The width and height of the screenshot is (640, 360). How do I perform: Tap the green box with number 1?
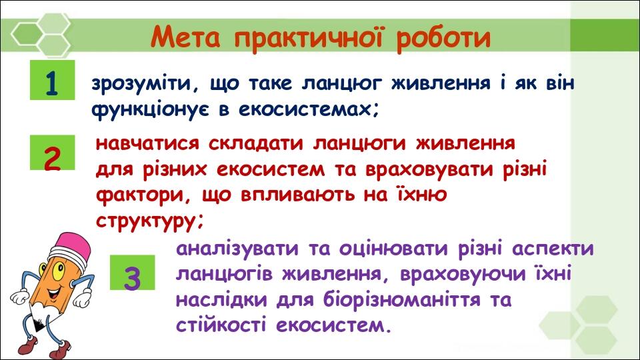click(x=51, y=83)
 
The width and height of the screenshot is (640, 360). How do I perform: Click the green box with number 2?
click(x=51, y=157)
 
